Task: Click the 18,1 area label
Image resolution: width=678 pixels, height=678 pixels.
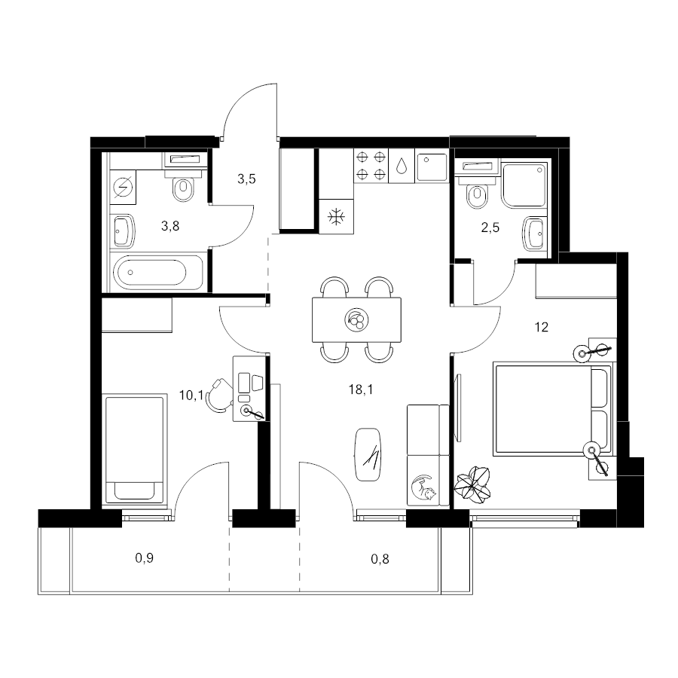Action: click(361, 389)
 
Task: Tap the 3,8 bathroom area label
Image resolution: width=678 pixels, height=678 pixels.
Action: click(170, 226)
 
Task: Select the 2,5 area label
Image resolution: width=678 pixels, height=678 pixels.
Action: click(490, 228)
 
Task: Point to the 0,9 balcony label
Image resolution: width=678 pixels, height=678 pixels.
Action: click(145, 557)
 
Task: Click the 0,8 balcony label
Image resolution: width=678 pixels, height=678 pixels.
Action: click(380, 559)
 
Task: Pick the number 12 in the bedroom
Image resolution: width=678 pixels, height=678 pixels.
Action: click(542, 327)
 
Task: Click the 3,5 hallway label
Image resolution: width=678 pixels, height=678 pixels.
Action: click(246, 179)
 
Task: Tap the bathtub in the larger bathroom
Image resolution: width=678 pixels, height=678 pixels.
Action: click(158, 273)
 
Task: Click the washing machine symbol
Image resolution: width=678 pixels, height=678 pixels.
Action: click(123, 188)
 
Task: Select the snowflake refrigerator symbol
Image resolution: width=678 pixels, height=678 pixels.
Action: click(336, 217)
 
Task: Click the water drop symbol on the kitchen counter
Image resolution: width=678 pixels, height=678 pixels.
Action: click(402, 165)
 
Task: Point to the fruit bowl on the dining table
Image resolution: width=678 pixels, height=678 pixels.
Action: click(357, 320)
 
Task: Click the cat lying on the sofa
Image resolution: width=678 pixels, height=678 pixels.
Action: click(423, 488)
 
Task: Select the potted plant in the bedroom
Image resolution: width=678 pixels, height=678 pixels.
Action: click(472, 484)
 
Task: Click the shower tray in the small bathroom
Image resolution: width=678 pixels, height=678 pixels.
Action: click(524, 185)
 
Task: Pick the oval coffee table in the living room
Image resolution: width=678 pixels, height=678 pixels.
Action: click(368, 454)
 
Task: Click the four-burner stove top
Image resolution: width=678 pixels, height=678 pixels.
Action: click(371, 165)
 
